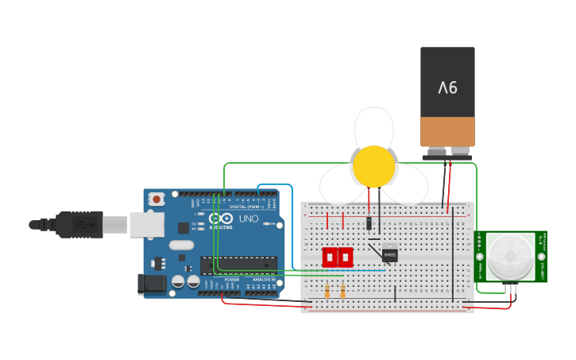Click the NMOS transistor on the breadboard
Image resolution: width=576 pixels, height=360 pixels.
pyautogui.click(x=389, y=254)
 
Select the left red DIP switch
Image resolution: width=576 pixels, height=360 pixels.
pyautogui.click(x=330, y=257)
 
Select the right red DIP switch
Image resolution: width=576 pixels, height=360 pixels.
pyautogui.click(x=345, y=257)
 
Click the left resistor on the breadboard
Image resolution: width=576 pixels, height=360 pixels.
pyautogui.click(x=327, y=292)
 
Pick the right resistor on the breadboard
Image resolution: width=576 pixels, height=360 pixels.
pyautogui.click(x=342, y=292)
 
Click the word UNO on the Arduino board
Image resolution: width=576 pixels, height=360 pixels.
pyautogui.click(x=249, y=219)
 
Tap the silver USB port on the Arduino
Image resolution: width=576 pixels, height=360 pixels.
pyautogui.click(x=147, y=224)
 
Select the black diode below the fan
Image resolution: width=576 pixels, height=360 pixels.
pyautogui.click(x=369, y=223)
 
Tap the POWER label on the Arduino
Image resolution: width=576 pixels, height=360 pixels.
pyautogui.click(x=231, y=280)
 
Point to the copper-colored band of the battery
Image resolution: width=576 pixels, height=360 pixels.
pyautogui.click(x=447, y=131)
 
